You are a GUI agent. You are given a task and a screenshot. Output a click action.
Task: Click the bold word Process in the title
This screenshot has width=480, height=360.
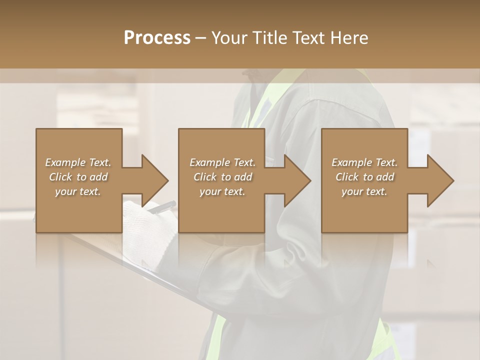pyautogui.click(x=157, y=37)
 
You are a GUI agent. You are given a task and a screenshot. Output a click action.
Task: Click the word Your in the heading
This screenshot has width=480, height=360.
pyautogui.click(x=228, y=37)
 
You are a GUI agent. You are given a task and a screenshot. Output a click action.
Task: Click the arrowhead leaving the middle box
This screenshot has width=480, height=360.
pyautogui.click(x=297, y=180)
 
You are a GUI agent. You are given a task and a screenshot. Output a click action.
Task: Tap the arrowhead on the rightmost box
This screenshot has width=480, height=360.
pyautogui.click(x=440, y=180)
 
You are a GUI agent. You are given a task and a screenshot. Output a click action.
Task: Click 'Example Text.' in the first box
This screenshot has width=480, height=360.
pyautogui.click(x=78, y=162)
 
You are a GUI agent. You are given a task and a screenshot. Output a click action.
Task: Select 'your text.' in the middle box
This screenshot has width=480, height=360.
pyautogui.click(x=222, y=191)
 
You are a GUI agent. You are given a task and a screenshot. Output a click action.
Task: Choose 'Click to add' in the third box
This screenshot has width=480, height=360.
pyautogui.click(x=365, y=177)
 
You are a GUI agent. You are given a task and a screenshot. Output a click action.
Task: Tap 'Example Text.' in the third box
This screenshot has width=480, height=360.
pyautogui.click(x=364, y=162)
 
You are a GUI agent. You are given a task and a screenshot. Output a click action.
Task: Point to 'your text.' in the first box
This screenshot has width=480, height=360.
pyautogui.click(x=78, y=191)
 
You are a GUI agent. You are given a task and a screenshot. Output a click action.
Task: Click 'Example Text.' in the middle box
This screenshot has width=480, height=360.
pyautogui.click(x=222, y=162)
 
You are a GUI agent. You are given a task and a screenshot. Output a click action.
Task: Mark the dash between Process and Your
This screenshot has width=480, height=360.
pyautogui.click(x=201, y=38)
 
